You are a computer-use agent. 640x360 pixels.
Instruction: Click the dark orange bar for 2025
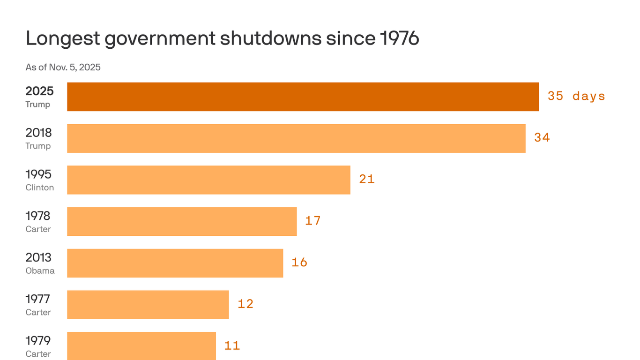click(303, 97)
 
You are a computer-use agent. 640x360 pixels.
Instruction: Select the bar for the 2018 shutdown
click(296, 138)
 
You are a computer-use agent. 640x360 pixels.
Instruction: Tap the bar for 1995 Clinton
click(208, 180)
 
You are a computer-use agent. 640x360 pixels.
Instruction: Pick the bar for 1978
click(182, 221)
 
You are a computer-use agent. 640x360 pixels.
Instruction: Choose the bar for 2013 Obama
click(175, 263)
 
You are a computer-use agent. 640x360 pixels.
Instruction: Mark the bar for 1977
click(148, 305)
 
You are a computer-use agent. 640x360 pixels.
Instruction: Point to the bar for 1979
click(141, 345)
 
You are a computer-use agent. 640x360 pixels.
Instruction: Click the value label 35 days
click(576, 96)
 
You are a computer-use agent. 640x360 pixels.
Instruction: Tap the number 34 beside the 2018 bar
click(542, 137)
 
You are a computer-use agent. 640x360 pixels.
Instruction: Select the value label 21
click(367, 179)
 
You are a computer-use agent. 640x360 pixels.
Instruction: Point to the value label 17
click(313, 220)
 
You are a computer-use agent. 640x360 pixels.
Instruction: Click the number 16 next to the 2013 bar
click(299, 262)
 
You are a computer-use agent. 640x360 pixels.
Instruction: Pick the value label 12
click(246, 304)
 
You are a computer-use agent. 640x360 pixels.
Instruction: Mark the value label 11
click(232, 345)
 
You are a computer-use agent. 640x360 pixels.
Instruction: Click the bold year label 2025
click(39, 91)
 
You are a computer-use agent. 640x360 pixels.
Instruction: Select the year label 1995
click(38, 174)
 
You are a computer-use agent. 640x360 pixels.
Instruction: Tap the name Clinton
click(40, 187)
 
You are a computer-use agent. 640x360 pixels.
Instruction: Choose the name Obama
click(40, 270)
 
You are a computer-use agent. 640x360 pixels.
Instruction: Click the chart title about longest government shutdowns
click(222, 38)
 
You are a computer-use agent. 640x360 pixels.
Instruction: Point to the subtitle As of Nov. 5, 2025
click(63, 67)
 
